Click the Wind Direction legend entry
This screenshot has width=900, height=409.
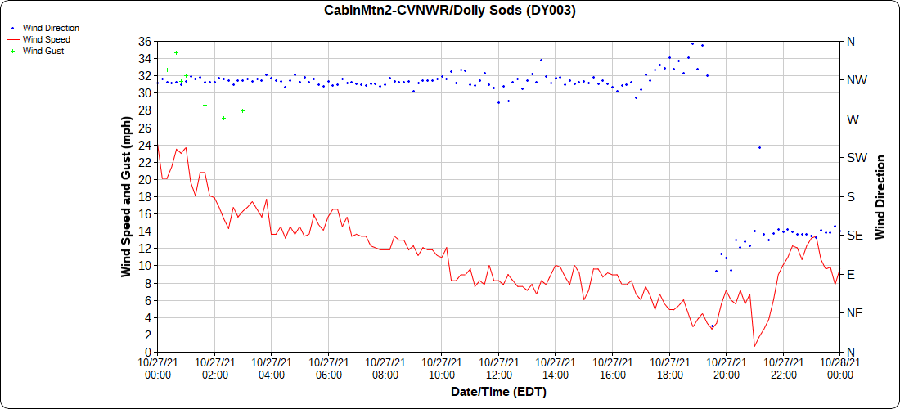tap(51, 28)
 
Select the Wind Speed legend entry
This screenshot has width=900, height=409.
tap(46, 39)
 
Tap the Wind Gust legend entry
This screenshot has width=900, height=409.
tap(43, 51)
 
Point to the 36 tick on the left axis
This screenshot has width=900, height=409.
tap(145, 41)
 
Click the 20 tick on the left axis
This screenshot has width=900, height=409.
tap(145, 179)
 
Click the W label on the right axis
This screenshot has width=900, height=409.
tap(853, 119)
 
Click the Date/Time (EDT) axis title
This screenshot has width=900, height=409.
tap(498, 393)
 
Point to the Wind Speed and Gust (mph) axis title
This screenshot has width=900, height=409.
tap(127, 196)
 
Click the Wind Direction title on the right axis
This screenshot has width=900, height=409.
tap(880, 196)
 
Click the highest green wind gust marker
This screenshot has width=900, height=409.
tap(176, 53)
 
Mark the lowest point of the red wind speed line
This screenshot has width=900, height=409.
tap(754, 346)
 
